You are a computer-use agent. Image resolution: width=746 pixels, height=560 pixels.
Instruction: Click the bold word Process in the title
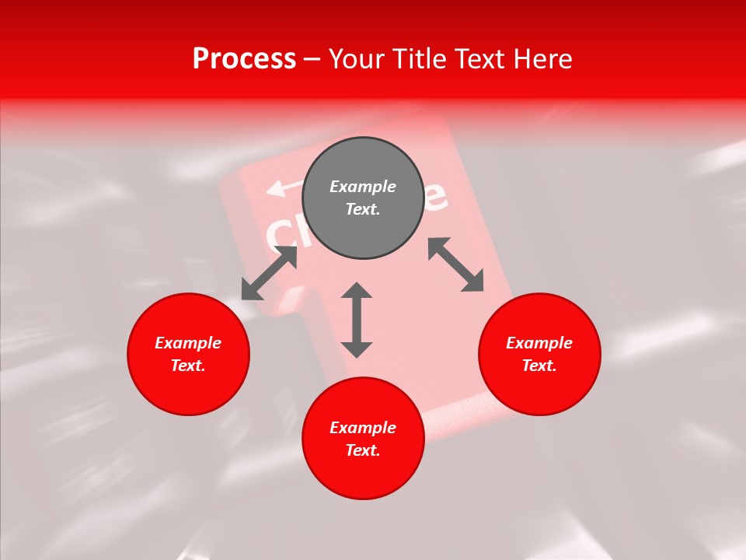(244, 59)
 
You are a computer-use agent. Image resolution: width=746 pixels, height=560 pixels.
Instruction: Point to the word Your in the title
(357, 59)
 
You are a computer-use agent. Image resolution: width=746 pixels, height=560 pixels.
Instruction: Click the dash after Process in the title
(312, 60)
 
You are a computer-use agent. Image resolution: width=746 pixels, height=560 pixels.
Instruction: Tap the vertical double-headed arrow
(357, 320)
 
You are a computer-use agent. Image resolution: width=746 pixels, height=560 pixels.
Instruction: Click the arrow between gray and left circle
(269, 272)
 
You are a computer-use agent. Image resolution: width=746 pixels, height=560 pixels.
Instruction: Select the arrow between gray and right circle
(456, 264)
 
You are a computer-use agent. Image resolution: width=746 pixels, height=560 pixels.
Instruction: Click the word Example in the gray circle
(363, 187)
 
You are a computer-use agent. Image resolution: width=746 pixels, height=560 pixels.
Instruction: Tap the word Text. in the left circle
(188, 366)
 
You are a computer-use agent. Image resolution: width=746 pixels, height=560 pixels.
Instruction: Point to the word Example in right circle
(539, 343)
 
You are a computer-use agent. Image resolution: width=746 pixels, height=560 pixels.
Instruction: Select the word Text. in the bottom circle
(363, 450)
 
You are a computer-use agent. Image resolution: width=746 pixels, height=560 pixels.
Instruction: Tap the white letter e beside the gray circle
(436, 198)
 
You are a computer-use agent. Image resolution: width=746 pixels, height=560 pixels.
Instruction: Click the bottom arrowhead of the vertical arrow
(357, 350)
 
